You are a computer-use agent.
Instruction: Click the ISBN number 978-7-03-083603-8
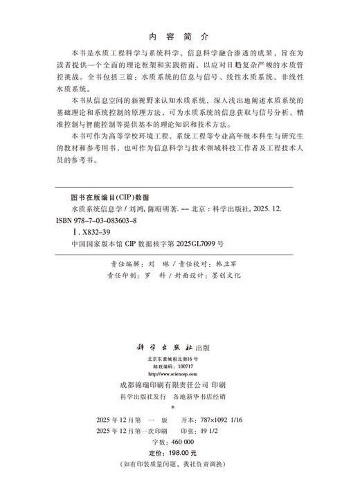(x=114, y=220)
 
